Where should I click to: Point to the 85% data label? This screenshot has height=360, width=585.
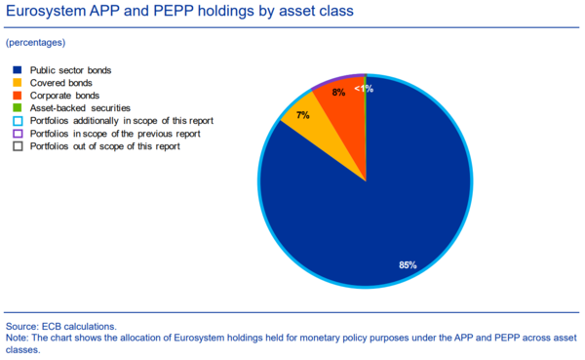[x=408, y=264]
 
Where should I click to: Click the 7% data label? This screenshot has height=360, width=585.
[x=302, y=115]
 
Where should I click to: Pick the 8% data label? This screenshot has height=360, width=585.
[x=338, y=93]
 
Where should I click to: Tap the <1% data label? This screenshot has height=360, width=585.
[x=364, y=89]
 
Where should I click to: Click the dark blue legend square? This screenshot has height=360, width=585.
[x=18, y=70]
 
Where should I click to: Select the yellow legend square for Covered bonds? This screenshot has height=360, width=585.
[x=18, y=83]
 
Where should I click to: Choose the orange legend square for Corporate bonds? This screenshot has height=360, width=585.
[x=18, y=96]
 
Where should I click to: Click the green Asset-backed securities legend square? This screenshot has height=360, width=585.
[x=18, y=108]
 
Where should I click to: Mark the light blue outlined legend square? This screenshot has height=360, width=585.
[x=18, y=121]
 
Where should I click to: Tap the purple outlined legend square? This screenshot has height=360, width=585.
[x=18, y=134]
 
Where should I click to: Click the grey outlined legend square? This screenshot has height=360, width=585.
[x=18, y=146]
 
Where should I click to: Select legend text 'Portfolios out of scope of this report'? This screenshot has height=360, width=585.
[x=105, y=146]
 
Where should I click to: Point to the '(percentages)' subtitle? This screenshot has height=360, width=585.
[x=35, y=44]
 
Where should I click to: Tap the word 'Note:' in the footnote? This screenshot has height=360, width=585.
[x=19, y=338]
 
